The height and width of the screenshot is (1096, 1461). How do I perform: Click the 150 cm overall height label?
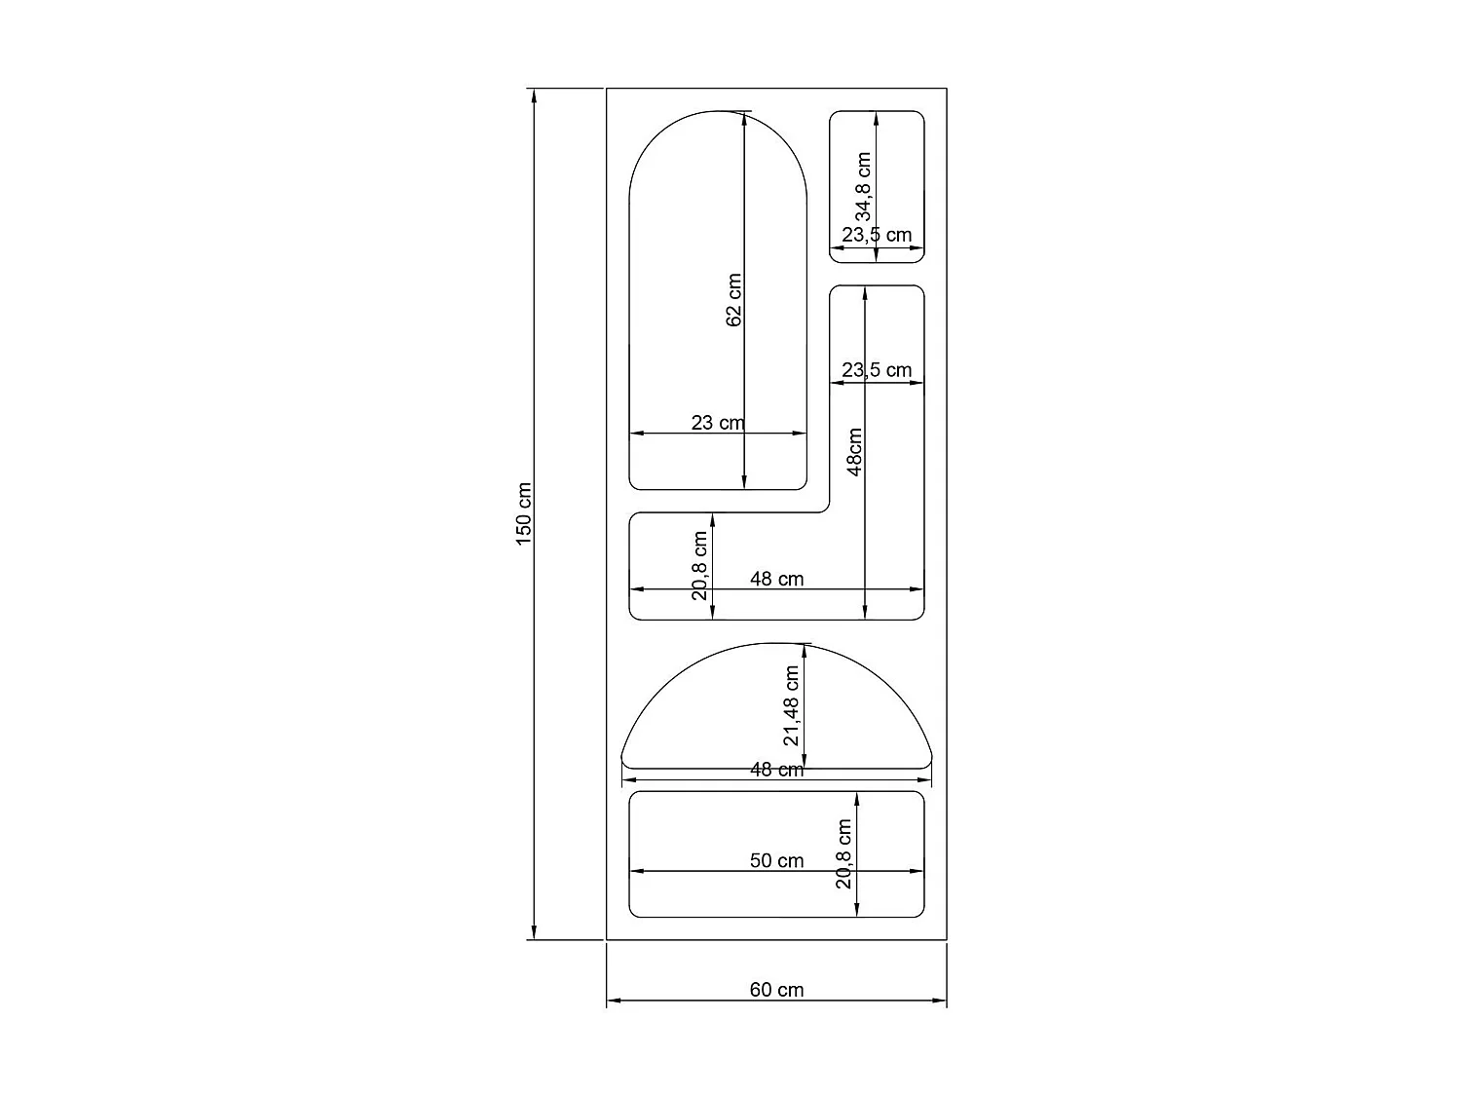pyautogui.click(x=523, y=513)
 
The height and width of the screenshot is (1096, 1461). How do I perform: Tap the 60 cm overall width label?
pyautogui.click(x=776, y=990)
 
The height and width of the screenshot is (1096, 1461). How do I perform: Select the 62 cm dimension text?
pyautogui.click(x=734, y=300)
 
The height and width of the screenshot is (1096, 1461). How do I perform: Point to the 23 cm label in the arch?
pyautogui.click(x=717, y=423)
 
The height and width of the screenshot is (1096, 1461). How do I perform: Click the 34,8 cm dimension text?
pyautogui.click(x=863, y=187)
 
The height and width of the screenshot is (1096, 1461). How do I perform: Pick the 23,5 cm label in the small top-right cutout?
pyautogui.click(x=877, y=235)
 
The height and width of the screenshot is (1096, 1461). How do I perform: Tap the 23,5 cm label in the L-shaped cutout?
pyautogui.click(x=877, y=370)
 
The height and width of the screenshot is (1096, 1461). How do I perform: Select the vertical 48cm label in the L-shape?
pyautogui.click(x=854, y=452)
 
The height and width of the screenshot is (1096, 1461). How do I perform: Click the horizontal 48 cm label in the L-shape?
pyautogui.click(x=776, y=579)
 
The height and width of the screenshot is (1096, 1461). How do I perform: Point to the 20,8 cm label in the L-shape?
pyautogui.click(x=699, y=566)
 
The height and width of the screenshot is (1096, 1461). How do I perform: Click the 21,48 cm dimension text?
pyautogui.click(x=791, y=705)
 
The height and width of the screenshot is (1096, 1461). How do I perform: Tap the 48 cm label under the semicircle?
pyautogui.click(x=776, y=770)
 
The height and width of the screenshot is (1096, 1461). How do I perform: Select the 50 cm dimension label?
pyautogui.click(x=776, y=860)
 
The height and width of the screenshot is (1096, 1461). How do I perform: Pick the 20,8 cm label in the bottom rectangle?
pyautogui.click(x=843, y=853)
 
